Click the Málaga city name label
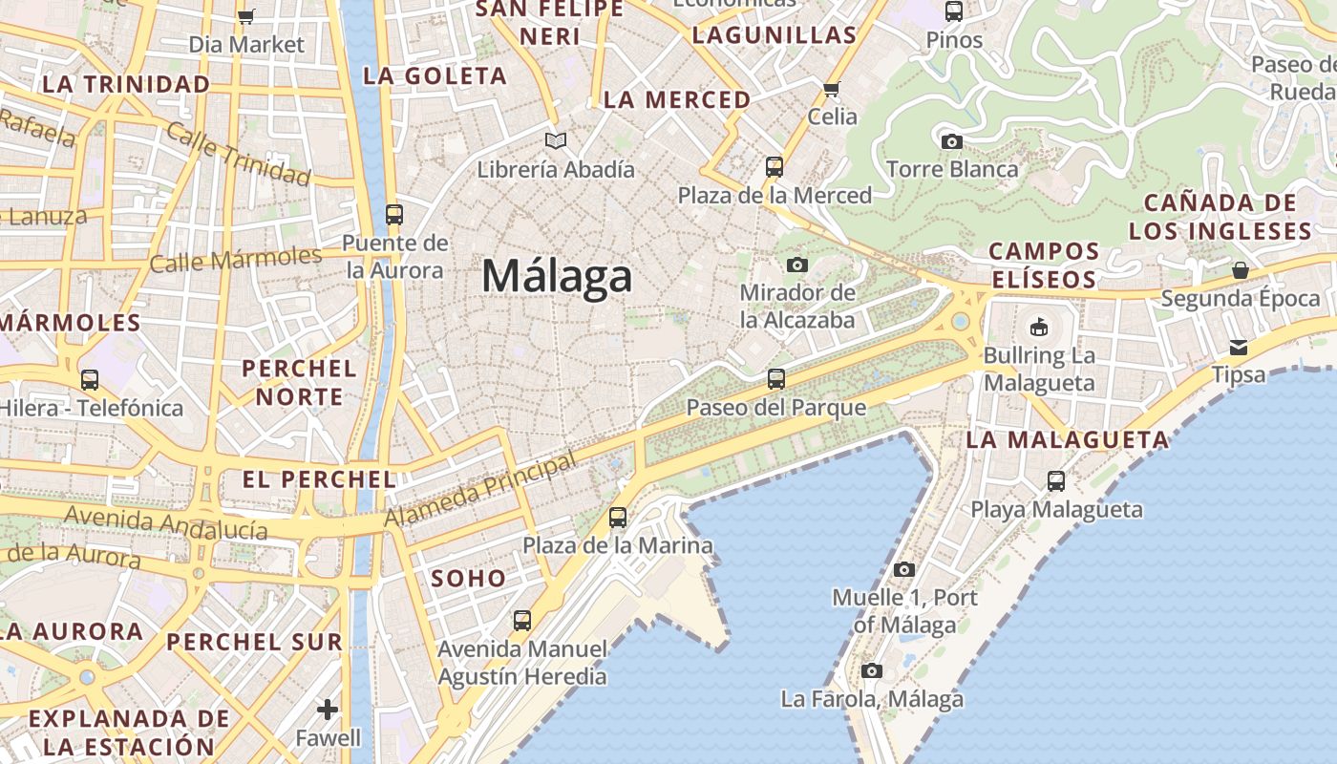click(557, 276)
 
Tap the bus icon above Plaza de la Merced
click(775, 167)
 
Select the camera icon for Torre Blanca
click(951, 142)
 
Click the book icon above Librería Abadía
click(556, 141)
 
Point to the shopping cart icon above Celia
click(831, 90)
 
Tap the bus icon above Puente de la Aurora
click(394, 215)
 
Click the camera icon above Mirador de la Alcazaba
click(797, 265)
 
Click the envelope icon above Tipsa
click(1239, 347)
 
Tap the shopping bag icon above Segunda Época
click(1240, 270)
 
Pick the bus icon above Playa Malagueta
click(1056, 480)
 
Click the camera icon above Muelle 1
click(904, 570)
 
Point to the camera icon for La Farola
click(871, 670)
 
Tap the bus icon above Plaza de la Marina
click(618, 518)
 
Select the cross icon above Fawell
click(328, 710)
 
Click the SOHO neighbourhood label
click(468, 578)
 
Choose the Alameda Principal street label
click(481, 490)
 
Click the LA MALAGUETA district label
click(1067, 440)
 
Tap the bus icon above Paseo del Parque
click(776, 379)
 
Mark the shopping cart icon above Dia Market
click(245, 15)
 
